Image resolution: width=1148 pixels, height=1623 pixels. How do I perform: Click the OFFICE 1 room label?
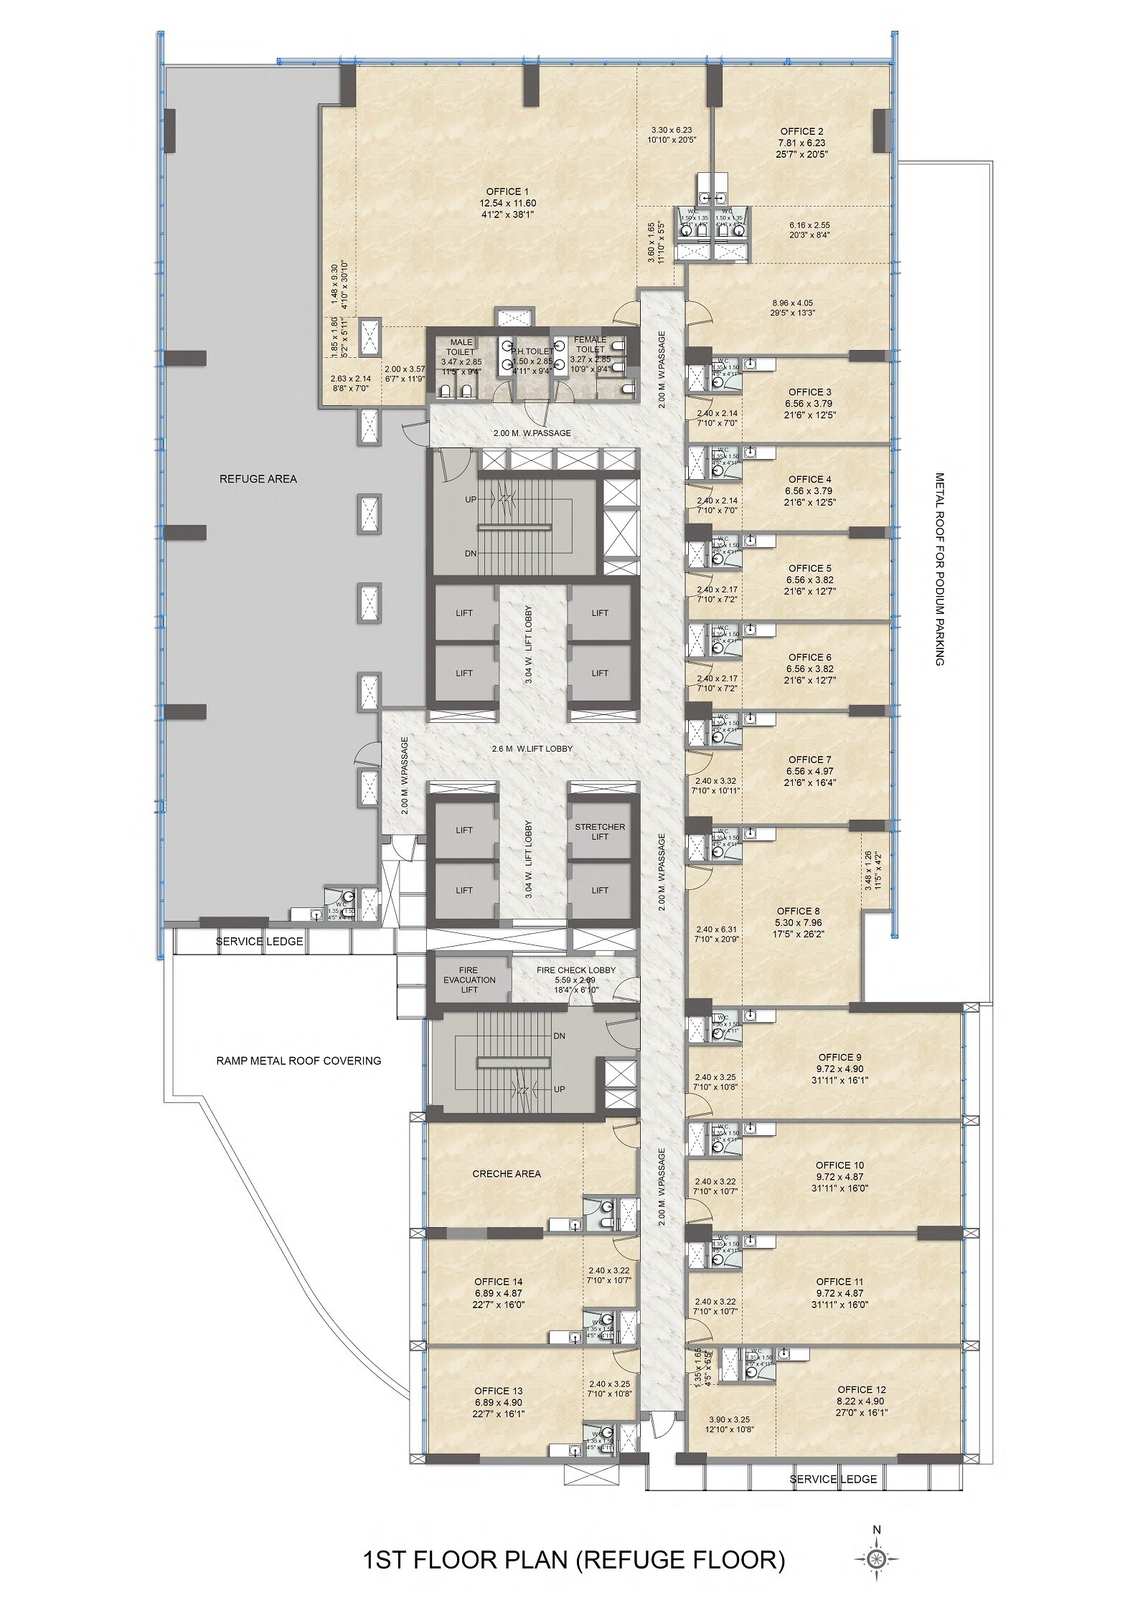(507, 191)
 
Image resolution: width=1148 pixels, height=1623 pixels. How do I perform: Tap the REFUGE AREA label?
(258, 478)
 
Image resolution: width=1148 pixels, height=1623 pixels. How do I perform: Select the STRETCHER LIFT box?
(600, 831)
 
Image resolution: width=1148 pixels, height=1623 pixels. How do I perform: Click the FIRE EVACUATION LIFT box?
(469, 980)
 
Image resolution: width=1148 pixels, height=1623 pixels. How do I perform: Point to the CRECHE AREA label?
(507, 1173)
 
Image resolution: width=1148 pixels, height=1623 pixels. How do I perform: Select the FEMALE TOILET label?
(589, 344)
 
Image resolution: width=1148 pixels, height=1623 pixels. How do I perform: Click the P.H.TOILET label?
(532, 352)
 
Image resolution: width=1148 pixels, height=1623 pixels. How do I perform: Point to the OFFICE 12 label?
(862, 1389)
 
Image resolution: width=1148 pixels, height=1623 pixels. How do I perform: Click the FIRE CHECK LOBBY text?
(576, 970)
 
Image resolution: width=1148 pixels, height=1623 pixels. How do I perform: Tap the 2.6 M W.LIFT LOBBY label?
(532, 748)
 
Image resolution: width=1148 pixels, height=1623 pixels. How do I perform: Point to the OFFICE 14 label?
(499, 1282)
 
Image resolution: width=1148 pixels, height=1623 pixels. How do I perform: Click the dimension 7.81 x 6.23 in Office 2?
(801, 143)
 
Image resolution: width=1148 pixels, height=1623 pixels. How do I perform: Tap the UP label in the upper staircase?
(470, 499)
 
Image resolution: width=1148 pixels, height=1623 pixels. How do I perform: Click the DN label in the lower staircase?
(560, 1036)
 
